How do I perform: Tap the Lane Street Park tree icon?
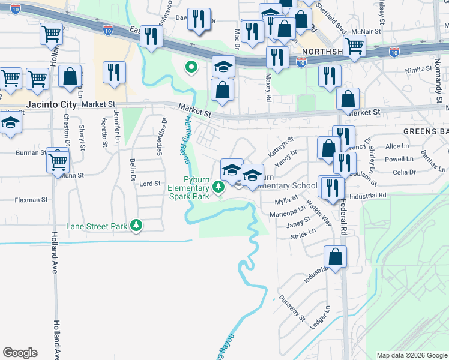tap(138, 226)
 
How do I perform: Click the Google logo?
tap(20, 353)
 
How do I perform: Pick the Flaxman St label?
tap(31, 200)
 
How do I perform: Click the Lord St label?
tap(150, 184)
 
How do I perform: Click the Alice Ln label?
tap(397, 146)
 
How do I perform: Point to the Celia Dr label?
tap(403, 172)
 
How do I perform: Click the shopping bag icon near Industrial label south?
tap(335, 256)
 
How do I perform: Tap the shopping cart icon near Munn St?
tap(58, 160)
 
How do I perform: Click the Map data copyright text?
tap(412, 355)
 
